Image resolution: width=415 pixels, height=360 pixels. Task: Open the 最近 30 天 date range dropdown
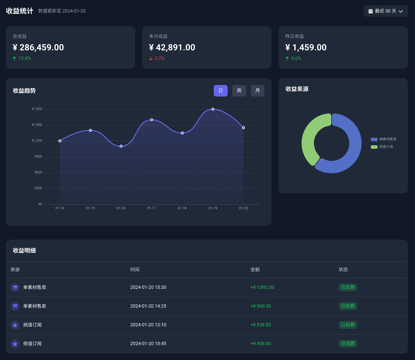click(x=386, y=11)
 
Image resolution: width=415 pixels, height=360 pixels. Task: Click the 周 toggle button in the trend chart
click(x=239, y=91)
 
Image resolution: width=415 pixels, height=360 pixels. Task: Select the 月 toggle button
click(x=257, y=91)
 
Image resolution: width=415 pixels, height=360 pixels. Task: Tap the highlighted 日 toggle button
click(x=221, y=91)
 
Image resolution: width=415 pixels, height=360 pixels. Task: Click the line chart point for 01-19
click(x=213, y=109)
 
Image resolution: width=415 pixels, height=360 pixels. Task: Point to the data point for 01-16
click(x=121, y=146)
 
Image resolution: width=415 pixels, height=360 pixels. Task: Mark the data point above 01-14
click(x=60, y=141)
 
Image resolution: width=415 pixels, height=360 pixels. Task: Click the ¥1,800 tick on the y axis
click(x=37, y=109)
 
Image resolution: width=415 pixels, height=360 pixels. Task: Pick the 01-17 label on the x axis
click(x=151, y=208)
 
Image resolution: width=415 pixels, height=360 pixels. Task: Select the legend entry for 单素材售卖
click(x=384, y=139)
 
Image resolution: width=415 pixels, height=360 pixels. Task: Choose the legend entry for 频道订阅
click(x=382, y=147)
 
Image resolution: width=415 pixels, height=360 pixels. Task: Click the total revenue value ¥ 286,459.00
click(x=38, y=47)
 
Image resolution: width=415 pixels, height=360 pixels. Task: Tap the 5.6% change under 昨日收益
click(x=293, y=58)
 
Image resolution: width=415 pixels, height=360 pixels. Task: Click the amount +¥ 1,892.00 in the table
click(x=262, y=287)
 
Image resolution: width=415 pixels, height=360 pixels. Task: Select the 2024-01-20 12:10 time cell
click(x=148, y=325)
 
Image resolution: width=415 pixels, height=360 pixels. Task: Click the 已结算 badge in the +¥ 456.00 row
click(x=348, y=343)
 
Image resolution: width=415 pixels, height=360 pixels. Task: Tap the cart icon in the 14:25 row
click(x=15, y=306)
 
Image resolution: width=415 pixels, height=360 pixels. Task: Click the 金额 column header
click(x=255, y=270)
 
